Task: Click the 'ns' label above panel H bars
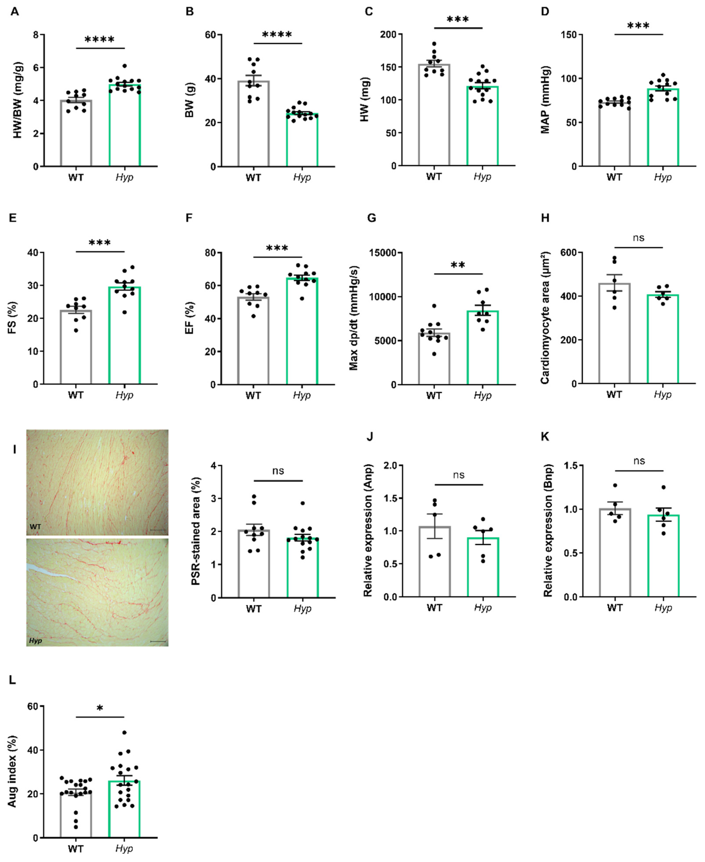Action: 638,238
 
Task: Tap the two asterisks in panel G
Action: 458,265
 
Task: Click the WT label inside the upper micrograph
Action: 35,526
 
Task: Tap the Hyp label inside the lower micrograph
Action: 35,640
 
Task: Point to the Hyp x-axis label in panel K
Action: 663,607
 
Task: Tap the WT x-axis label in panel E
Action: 76,395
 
